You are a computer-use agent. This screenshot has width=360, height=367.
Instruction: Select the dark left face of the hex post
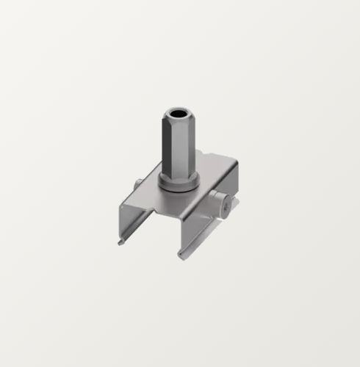pyautogui.click(x=168, y=147)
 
